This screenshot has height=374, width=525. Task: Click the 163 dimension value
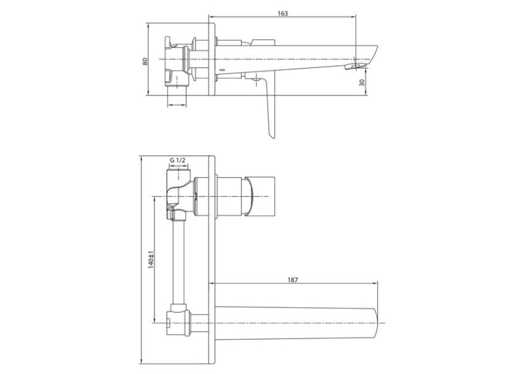(283, 14)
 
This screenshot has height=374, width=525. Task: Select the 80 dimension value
(145, 61)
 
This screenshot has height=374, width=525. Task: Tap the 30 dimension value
(362, 82)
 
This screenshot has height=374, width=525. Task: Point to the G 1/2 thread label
(177, 161)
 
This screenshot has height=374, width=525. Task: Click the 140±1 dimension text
(151, 259)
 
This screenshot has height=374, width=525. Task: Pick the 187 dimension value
(292, 280)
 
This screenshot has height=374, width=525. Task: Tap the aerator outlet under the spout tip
(355, 66)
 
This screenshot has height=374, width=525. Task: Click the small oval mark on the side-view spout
(222, 69)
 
